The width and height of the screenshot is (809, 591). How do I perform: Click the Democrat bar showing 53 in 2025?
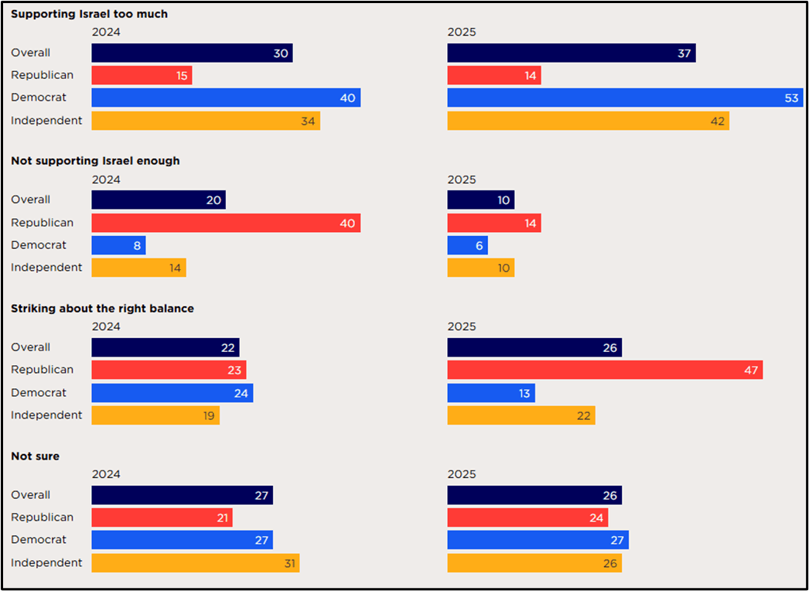[x=625, y=97]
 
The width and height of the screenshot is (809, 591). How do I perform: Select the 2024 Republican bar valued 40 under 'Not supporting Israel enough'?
[x=226, y=223]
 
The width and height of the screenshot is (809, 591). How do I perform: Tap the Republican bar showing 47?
[x=605, y=370]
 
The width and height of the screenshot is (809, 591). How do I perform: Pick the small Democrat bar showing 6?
[x=467, y=245]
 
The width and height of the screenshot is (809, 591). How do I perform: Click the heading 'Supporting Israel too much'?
[x=89, y=14]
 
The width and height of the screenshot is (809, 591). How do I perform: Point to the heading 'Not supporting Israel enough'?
[x=95, y=161]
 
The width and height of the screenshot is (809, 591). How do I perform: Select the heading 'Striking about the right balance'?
[x=102, y=308]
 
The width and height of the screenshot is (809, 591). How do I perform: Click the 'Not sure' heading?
[x=35, y=456]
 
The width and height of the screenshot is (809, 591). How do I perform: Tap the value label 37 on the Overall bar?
[x=683, y=53]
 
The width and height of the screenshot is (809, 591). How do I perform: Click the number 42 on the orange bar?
[x=717, y=121]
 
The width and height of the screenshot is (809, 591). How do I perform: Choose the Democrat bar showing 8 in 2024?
[x=118, y=245]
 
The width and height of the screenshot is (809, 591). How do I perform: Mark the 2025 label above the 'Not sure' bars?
[x=462, y=474]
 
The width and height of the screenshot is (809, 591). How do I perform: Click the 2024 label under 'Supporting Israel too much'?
[x=106, y=32]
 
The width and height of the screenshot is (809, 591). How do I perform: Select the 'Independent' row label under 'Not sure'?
[x=46, y=562]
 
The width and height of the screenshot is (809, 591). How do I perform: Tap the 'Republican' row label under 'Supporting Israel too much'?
[x=43, y=75]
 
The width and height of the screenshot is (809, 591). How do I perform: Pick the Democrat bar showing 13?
[x=491, y=393]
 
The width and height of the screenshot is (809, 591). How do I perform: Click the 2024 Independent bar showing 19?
[x=155, y=415]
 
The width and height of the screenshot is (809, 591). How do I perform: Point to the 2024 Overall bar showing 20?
[x=159, y=200]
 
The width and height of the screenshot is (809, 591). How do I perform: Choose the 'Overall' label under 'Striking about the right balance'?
[x=31, y=347]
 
